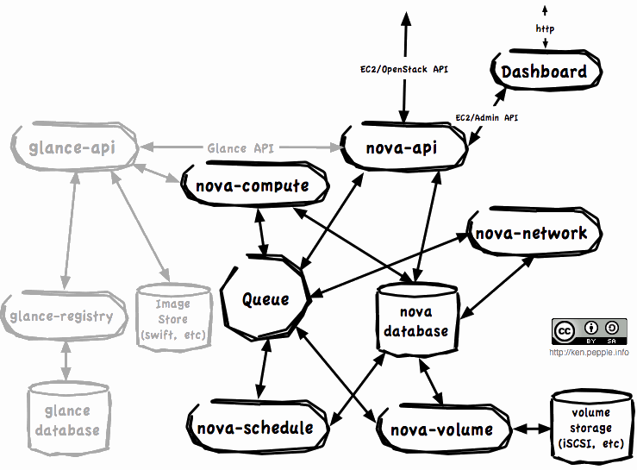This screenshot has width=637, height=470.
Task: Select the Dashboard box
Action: tap(544, 72)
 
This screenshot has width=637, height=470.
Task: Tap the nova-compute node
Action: tap(251, 186)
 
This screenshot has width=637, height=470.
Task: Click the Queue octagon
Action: tap(265, 299)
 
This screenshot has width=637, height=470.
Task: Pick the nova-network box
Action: tap(531, 233)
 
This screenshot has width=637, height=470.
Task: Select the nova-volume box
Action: tap(442, 429)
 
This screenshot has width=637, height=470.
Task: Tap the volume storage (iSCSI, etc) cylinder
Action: tap(590, 427)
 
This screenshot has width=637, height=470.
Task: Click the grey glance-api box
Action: tap(75, 148)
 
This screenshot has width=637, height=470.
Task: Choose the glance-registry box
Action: tap(61, 316)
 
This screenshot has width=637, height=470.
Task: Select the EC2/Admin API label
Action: tap(486, 117)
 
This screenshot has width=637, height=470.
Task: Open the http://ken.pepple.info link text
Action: tap(589, 352)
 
